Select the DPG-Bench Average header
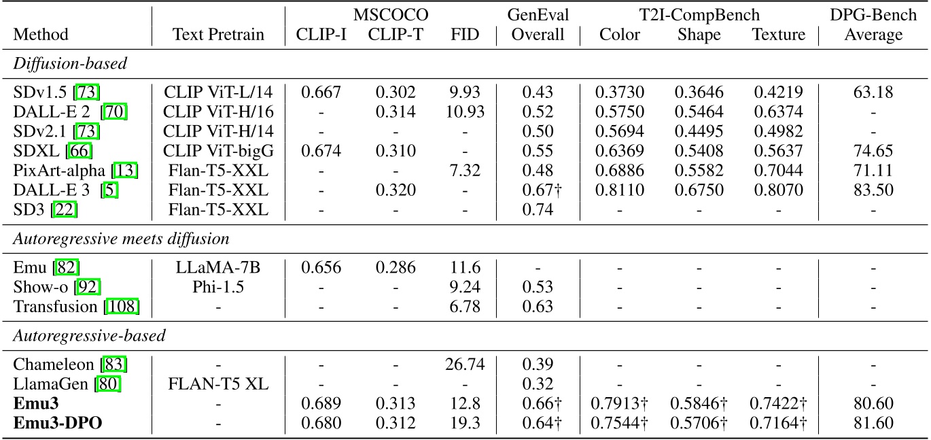873,24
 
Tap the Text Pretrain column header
218,35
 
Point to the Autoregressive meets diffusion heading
121,239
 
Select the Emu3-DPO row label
52,423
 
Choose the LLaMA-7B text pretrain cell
218,268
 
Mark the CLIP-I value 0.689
321,404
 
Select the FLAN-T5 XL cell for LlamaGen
218,385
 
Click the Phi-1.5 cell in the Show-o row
218,288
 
